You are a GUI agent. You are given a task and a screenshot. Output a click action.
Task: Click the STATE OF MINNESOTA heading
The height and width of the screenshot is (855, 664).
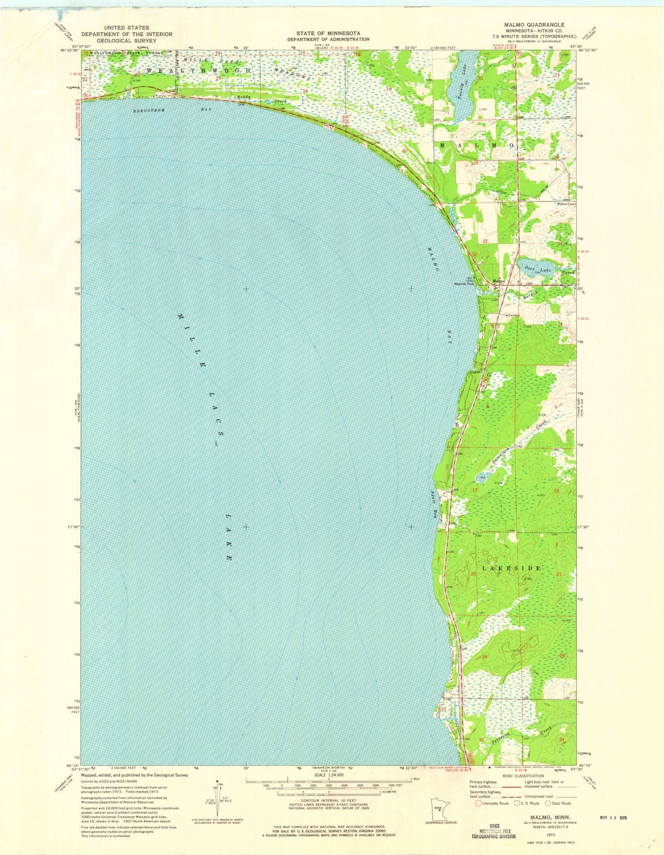pos(328,33)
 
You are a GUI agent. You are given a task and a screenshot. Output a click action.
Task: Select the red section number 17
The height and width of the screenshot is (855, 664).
pos(475,490)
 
